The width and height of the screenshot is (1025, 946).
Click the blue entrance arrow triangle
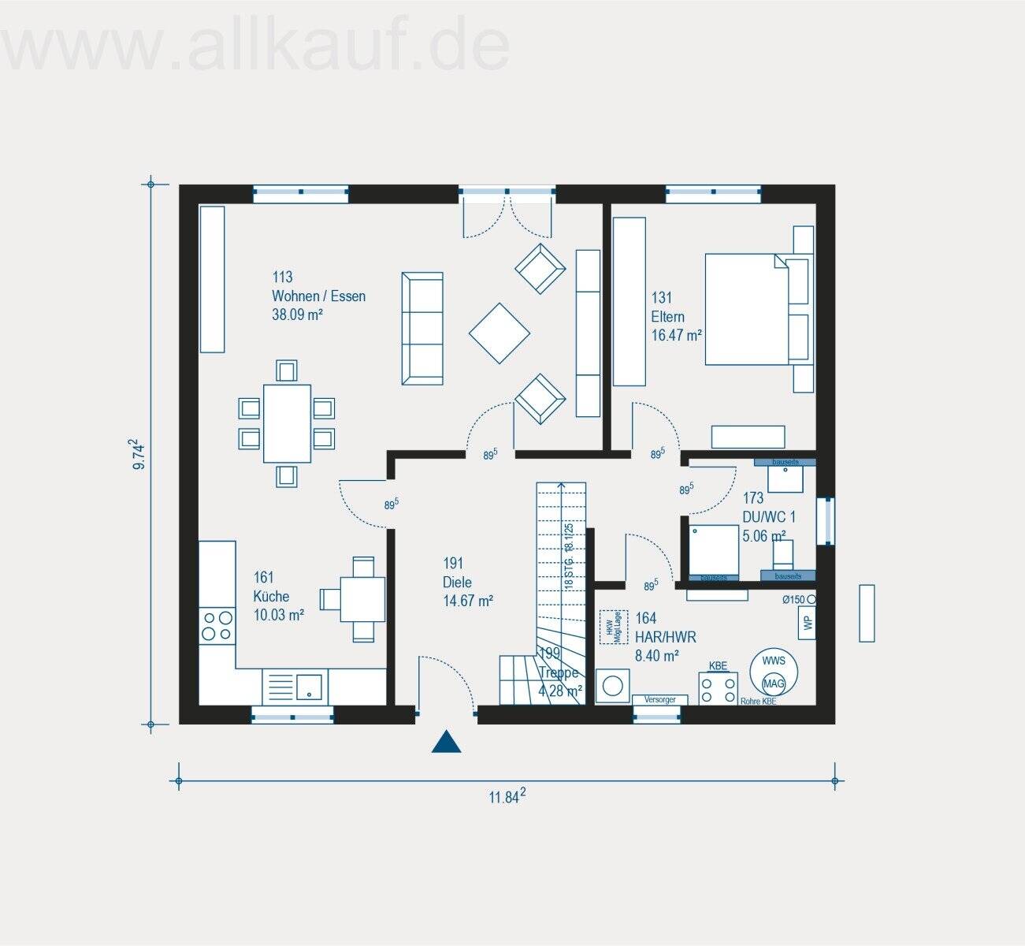tap(446, 742)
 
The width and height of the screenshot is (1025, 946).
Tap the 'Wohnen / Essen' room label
tap(318, 296)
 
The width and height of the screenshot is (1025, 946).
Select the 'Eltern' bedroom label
tap(667, 317)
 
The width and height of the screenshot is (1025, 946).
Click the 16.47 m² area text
tap(676, 335)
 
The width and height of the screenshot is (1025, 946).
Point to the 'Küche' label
tap(271, 597)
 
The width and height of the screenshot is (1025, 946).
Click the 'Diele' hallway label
tap(457, 583)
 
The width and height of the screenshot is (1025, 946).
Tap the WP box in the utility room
tap(807, 623)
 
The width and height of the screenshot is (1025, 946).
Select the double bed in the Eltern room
tap(745, 309)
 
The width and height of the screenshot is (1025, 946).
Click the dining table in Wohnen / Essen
tap(287, 423)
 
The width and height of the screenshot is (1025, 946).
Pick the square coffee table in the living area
tap(500, 333)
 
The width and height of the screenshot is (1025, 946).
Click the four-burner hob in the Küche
tap(217, 625)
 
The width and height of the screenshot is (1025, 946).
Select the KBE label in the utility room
tap(718, 665)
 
